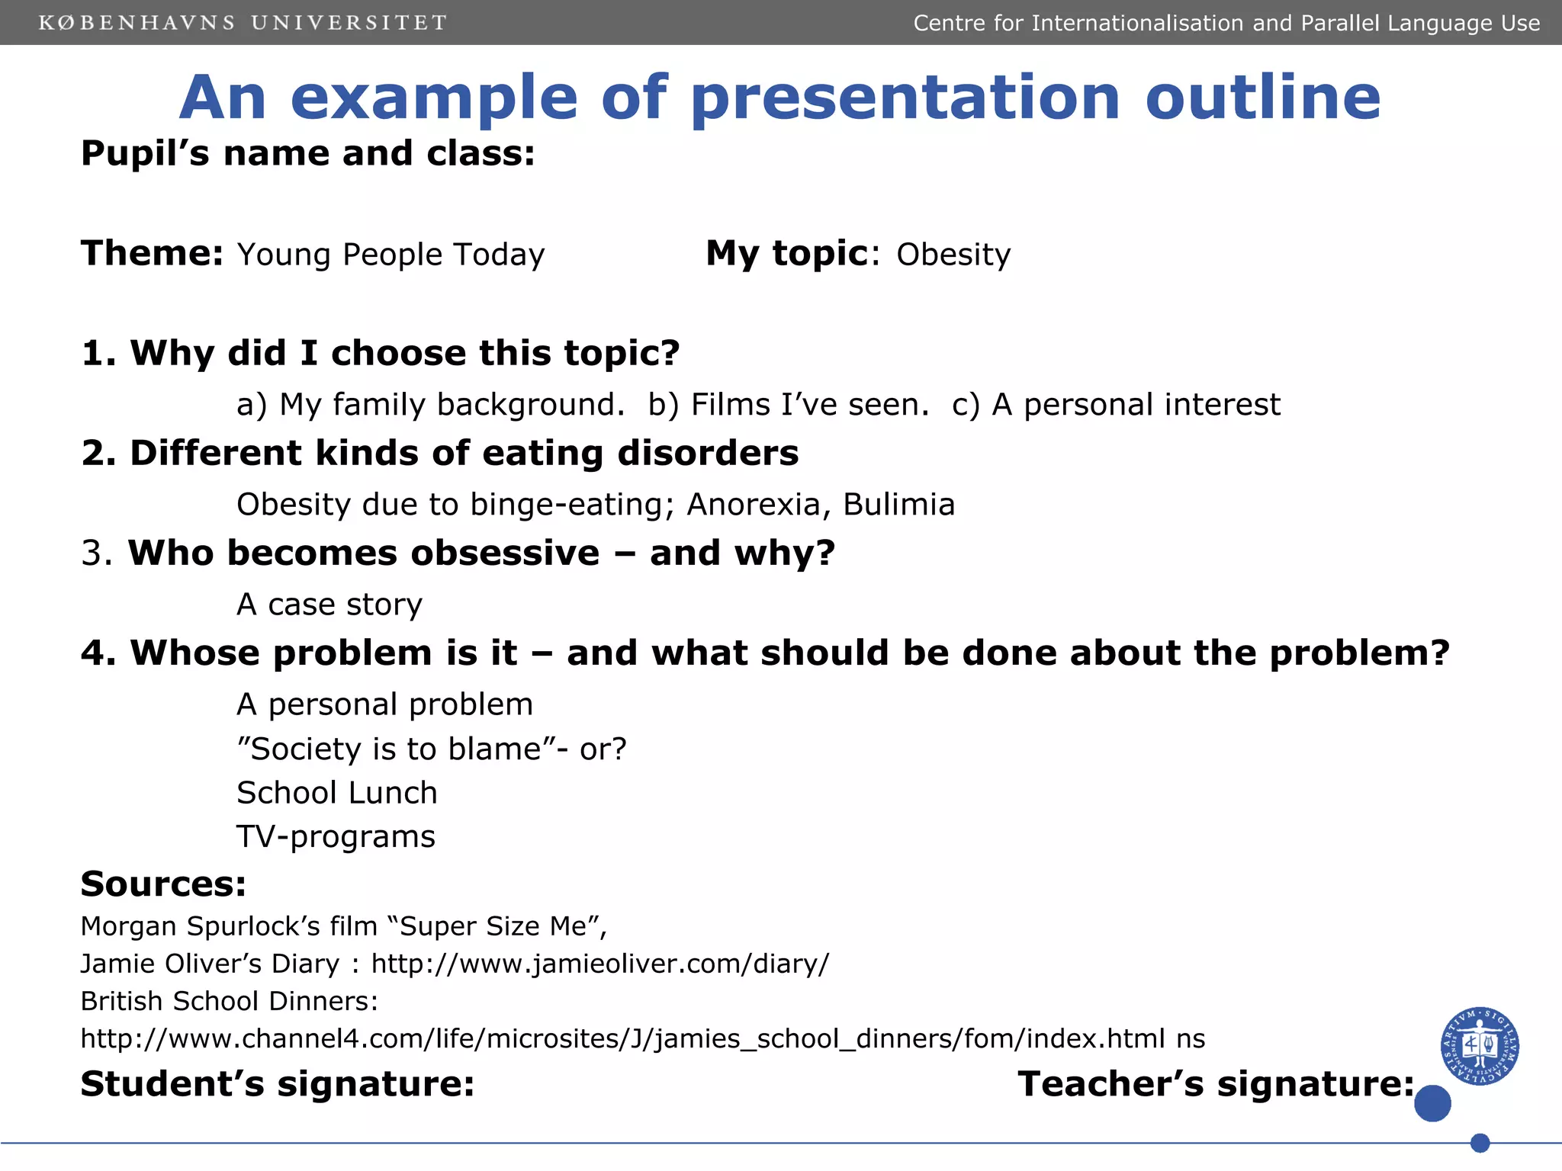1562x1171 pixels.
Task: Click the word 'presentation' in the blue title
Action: [x=905, y=99]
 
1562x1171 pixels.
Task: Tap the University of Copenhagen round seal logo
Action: [x=1479, y=1045]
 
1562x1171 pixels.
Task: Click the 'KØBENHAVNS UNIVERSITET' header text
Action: [x=243, y=23]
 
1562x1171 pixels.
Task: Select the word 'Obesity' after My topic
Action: [x=953, y=255]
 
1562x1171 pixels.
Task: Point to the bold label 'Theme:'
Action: [x=152, y=253]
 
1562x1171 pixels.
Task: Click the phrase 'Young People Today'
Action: [x=390, y=255]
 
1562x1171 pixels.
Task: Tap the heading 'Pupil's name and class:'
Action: [x=308, y=153]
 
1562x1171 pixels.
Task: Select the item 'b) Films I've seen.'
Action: [x=788, y=405]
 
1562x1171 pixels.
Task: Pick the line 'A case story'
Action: [x=329, y=605]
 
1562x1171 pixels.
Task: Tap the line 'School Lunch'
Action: [x=336, y=793]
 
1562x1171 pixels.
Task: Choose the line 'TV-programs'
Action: [x=336, y=837]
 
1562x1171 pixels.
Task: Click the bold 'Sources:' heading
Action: [x=163, y=884]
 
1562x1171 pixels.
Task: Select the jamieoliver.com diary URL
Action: [x=599, y=964]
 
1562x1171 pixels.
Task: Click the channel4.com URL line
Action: [x=642, y=1038]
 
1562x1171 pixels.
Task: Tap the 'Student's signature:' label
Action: [x=278, y=1083]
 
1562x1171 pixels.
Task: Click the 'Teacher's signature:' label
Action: [x=1216, y=1083]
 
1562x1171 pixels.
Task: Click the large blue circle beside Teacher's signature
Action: [x=1432, y=1103]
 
